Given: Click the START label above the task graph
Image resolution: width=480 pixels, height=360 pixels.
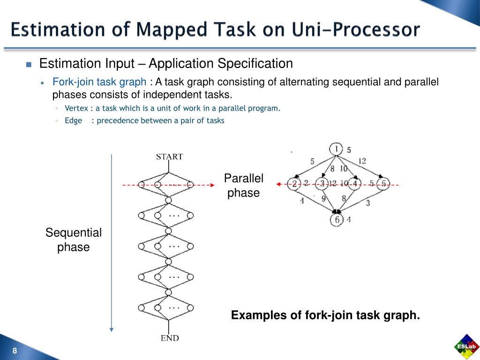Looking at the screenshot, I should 169,157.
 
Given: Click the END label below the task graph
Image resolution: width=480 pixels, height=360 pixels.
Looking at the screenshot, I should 169,338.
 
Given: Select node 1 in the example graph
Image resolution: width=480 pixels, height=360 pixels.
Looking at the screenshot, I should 336,149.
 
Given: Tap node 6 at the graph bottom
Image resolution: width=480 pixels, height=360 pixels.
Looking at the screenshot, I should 336,219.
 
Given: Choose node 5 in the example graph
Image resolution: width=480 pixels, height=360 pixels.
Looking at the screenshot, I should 383,183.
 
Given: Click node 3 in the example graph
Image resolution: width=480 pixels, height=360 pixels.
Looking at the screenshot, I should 322,183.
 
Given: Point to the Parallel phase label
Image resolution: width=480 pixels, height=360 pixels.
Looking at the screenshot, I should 243,186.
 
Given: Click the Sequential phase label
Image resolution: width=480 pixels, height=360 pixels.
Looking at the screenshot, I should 73,240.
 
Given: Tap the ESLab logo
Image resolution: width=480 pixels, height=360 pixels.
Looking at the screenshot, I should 466,346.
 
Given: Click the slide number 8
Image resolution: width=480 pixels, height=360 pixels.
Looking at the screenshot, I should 15,352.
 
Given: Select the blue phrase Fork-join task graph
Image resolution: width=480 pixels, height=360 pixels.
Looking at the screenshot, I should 99,82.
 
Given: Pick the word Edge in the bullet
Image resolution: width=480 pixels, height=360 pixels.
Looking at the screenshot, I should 73,120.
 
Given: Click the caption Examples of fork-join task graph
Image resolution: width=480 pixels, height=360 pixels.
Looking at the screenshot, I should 325,315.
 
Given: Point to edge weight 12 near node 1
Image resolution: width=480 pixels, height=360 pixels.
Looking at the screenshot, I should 362,161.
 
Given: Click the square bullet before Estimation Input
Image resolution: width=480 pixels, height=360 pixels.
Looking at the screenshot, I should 28,64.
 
